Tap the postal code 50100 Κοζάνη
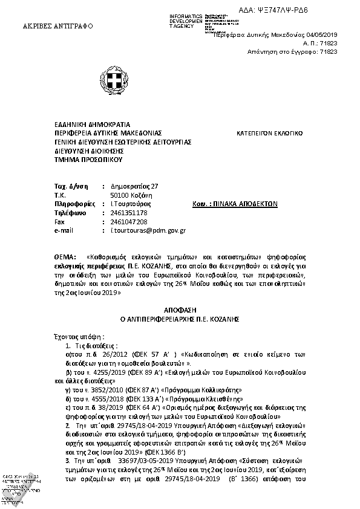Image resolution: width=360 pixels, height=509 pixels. tap(131, 195)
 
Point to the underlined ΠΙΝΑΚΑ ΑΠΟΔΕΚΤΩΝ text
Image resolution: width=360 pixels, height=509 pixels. tap(247, 204)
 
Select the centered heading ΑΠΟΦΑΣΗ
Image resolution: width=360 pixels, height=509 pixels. tap(180, 308)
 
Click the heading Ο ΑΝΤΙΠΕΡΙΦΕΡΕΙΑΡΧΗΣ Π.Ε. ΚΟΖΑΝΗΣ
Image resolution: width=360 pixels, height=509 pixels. tap(180, 317)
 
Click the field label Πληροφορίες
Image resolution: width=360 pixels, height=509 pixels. tap(74, 204)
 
